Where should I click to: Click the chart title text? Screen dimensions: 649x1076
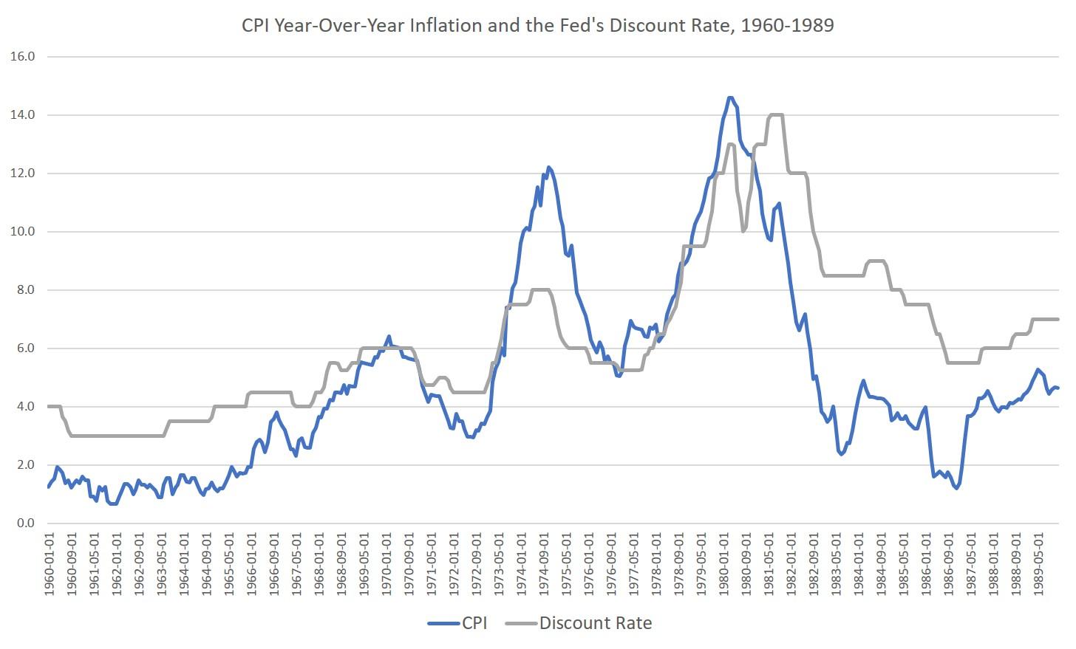[537, 25]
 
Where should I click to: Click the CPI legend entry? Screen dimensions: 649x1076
[473, 623]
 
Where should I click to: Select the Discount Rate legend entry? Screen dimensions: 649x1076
[595, 623]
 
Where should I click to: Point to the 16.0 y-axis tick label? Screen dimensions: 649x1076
[23, 57]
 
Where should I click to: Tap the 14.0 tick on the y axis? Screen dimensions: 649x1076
[23, 115]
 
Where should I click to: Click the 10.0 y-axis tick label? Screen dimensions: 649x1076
[23, 232]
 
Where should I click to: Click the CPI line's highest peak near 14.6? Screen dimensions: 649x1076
[730, 97]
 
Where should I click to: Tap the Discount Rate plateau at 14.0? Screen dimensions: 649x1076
[776, 115]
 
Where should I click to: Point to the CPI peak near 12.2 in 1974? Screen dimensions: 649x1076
[549, 168]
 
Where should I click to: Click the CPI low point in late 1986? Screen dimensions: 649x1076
[956, 488]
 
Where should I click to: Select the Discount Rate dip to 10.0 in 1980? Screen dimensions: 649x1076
[743, 231]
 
